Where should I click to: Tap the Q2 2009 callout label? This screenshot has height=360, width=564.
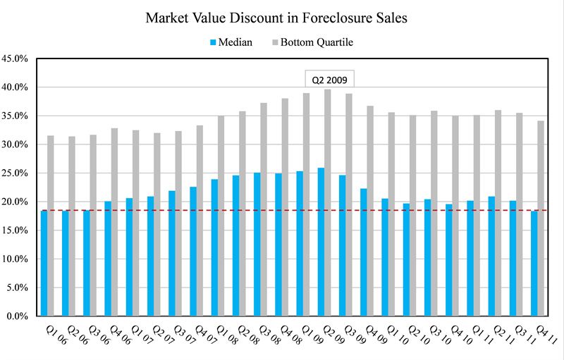pos(329,78)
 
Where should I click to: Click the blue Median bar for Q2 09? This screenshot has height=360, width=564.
pos(321,242)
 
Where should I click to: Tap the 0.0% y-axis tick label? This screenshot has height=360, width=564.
pos(16,316)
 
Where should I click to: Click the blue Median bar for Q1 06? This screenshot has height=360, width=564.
pos(44,263)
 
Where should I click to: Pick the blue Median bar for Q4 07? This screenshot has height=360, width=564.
pos(193,251)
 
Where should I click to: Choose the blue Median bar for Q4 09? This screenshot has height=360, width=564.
pos(364,252)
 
